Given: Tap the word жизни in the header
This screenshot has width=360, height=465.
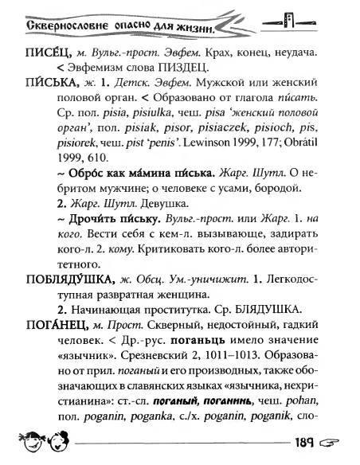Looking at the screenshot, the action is pos(193,30).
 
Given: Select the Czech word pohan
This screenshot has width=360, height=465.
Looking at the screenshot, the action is pos(308,404).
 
